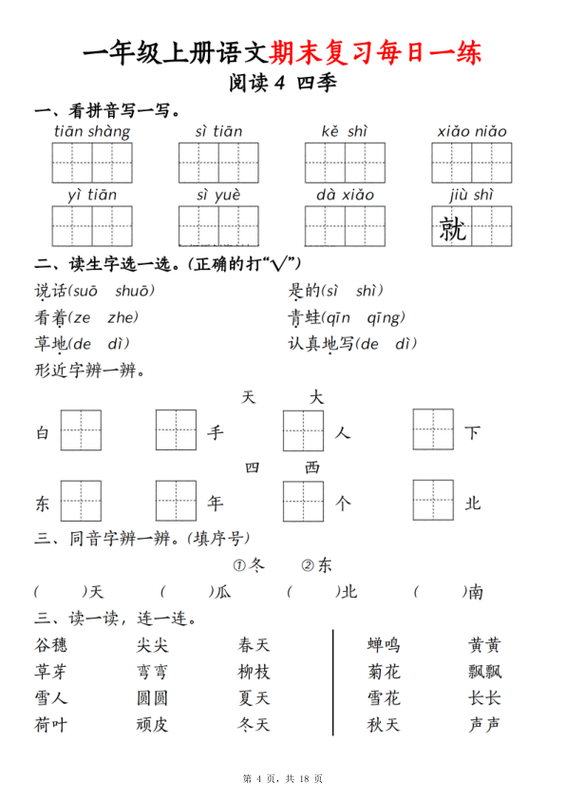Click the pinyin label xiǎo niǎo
point(472,131)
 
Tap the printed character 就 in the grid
point(452,227)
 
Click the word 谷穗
point(50,645)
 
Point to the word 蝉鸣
point(384,645)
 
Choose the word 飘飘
point(484,672)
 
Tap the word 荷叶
point(50,725)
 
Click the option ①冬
point(250,565)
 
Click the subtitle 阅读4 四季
point(282,84)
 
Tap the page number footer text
point(283,779)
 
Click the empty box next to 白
point(81,430)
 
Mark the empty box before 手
point(176,430)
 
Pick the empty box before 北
point(433,501)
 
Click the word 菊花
point(384,672)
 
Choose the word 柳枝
point(254,672)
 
